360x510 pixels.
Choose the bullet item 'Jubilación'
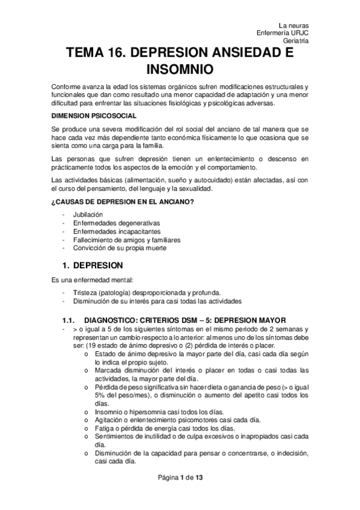point(88,215)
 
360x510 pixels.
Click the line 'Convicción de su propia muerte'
point(120,248)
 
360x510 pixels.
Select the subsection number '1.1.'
point(69,319)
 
